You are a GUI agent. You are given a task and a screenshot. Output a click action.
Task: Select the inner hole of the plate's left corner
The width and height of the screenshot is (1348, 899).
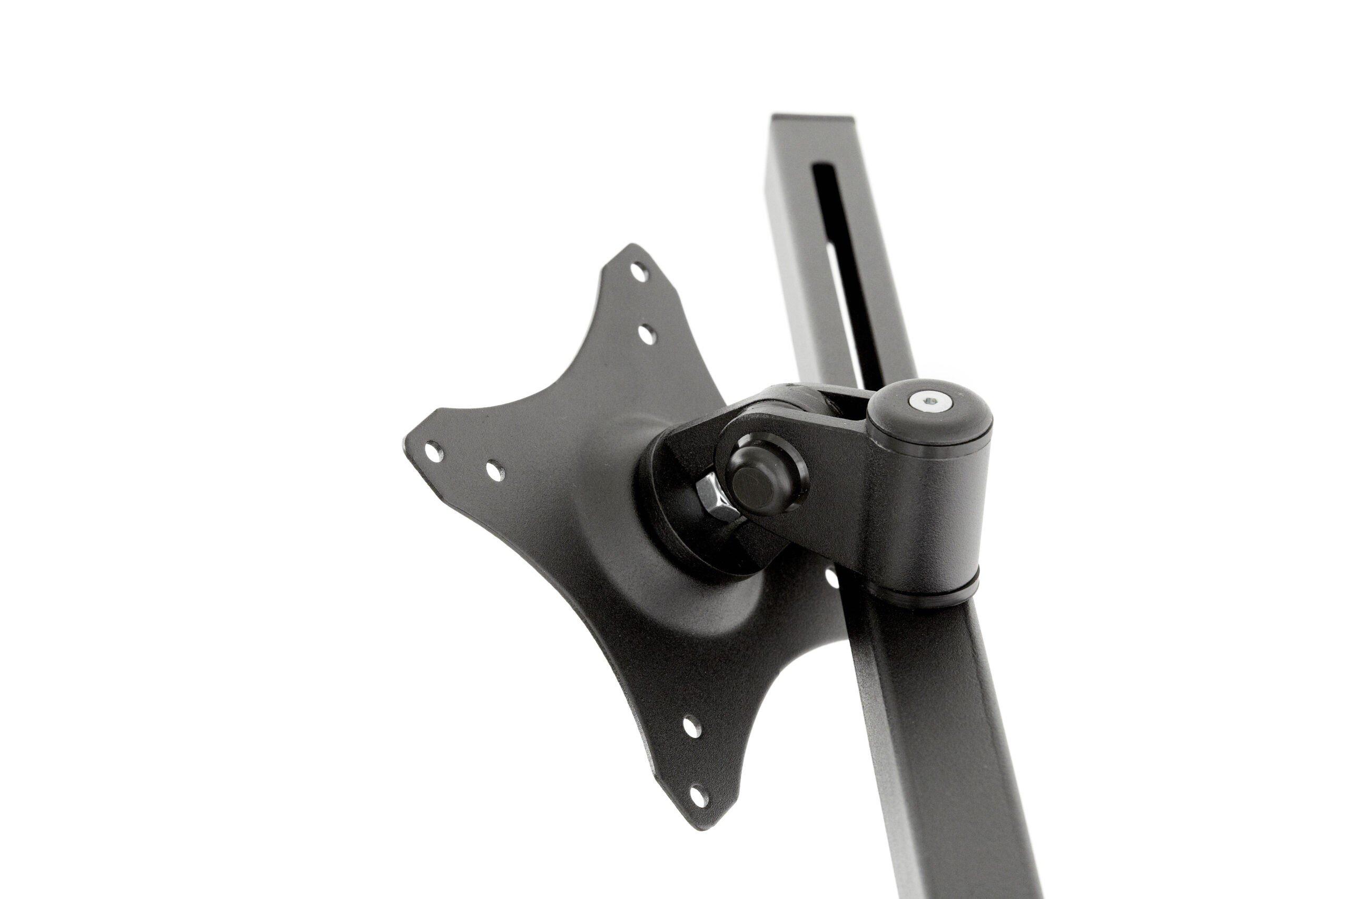coord(495,471)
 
